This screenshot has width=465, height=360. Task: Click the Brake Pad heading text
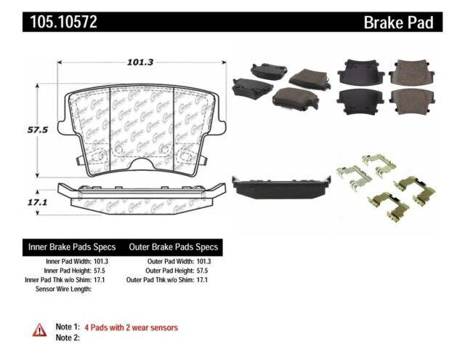coord(398,23)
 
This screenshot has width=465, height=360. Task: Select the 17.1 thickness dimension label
coord(37,196)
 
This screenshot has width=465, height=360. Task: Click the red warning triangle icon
coord(39,331)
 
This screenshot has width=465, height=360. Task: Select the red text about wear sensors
coord(131,327)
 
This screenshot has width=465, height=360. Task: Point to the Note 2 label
coord(67,337)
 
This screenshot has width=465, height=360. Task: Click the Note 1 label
coord(67,327)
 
